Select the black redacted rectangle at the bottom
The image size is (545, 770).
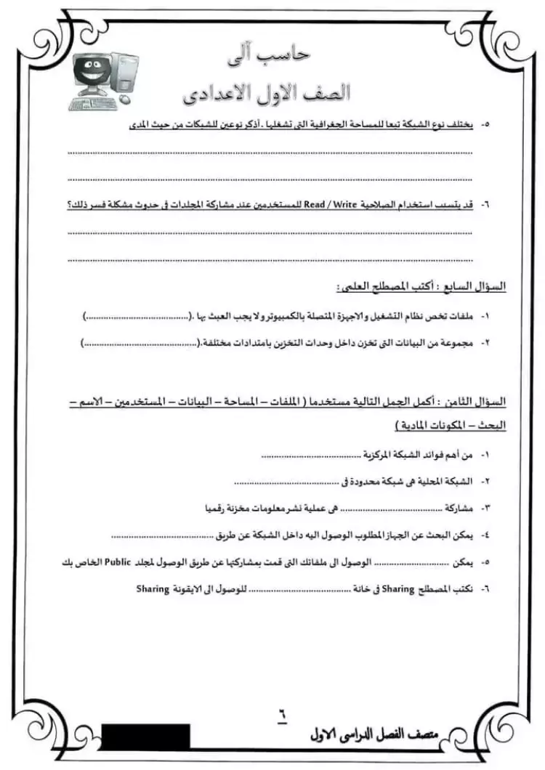(x=146, y=735)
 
